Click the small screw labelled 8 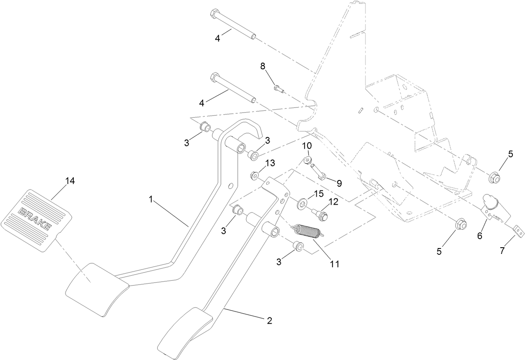277,88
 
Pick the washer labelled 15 301,205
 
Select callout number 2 269,321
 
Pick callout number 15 318,194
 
